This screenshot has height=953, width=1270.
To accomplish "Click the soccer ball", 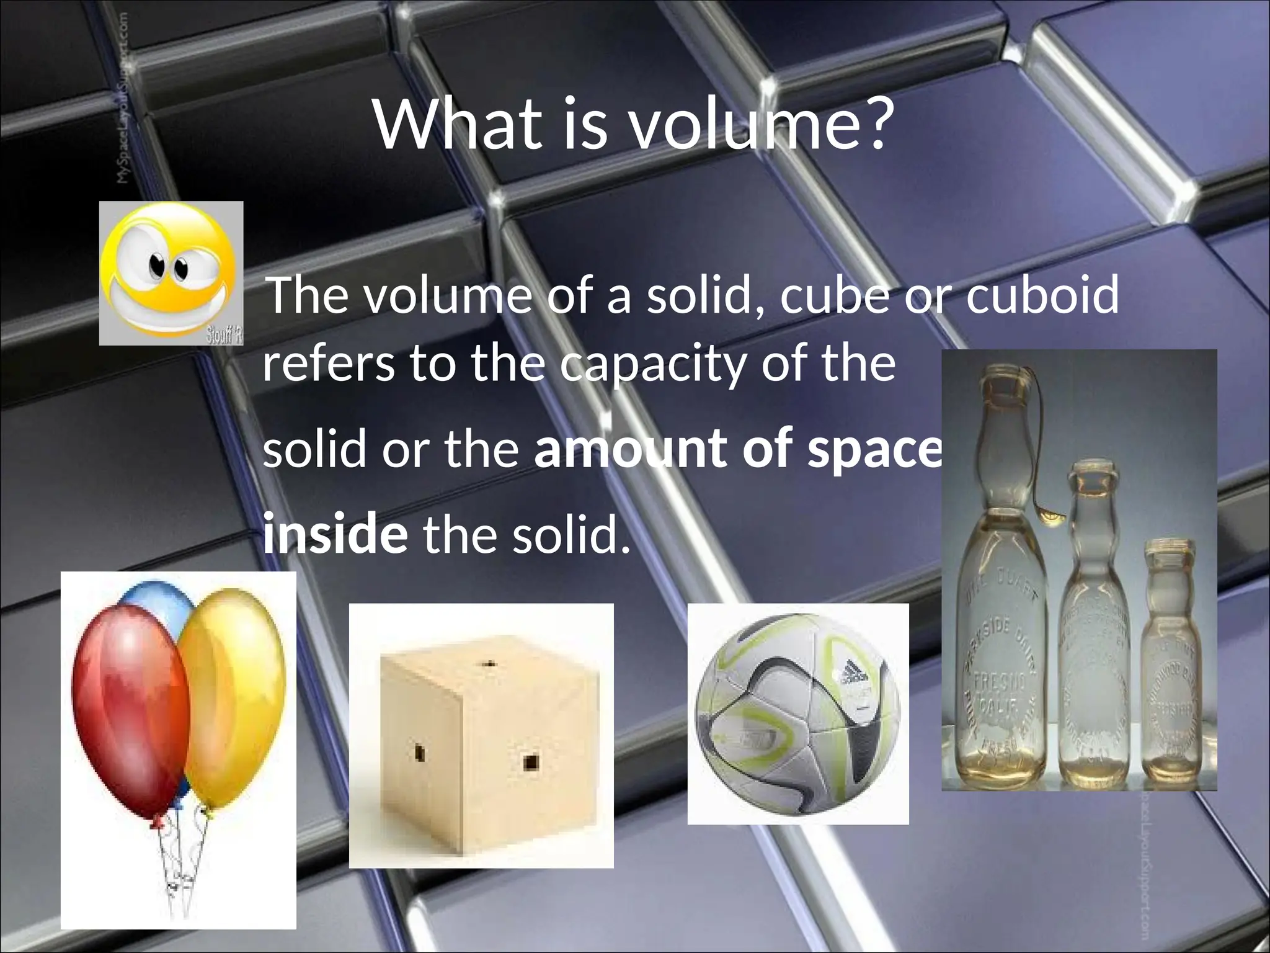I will (x=798, y=714).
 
